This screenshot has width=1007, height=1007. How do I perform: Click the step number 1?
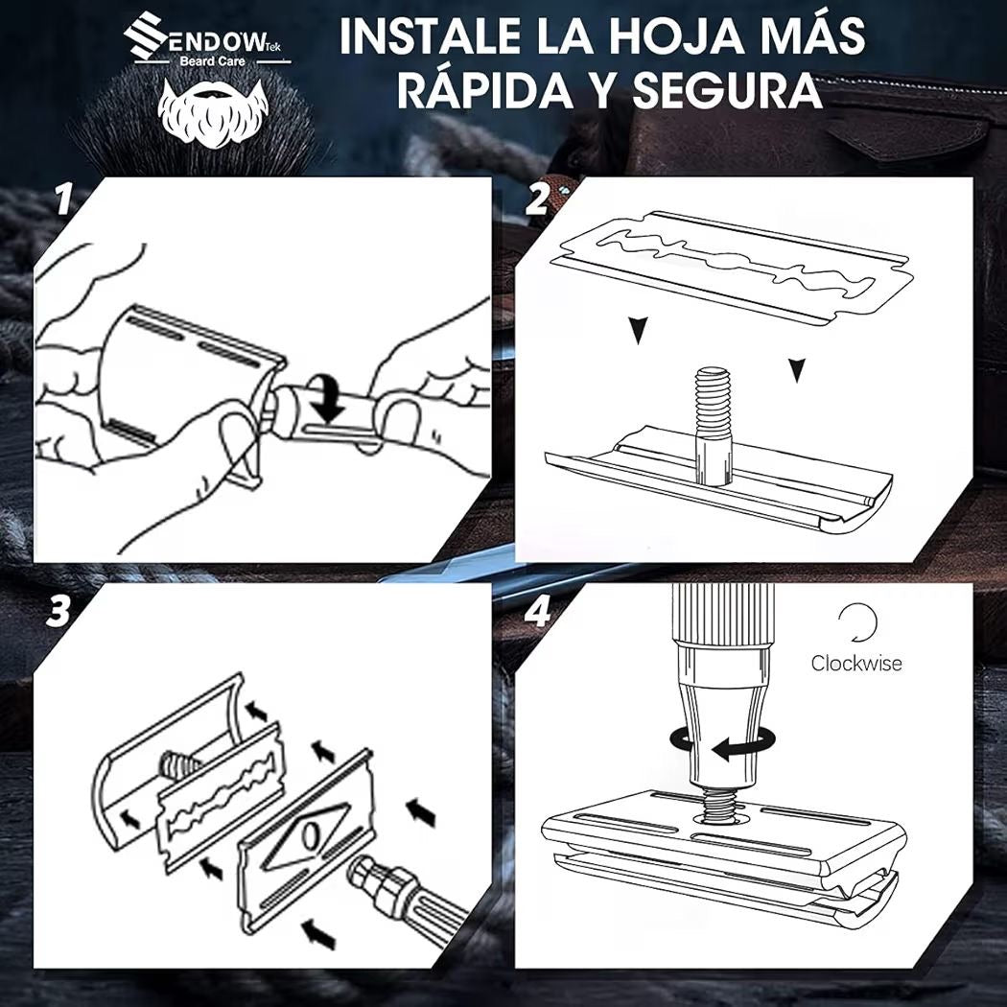(x=64, y=200)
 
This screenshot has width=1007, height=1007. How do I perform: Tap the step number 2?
(x=538, y=200)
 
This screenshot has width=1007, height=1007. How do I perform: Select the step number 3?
(x=60, y=612)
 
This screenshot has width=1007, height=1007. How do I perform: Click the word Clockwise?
(x=856, y=663)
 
